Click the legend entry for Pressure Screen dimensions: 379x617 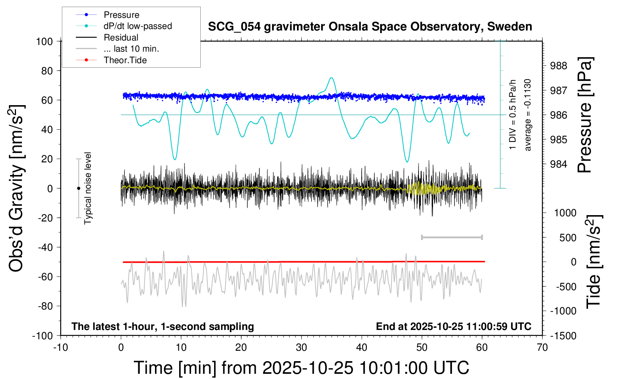click(121, 15)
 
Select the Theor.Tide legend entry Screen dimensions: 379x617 click(125, 60)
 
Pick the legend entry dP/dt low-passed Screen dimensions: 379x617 click(138, 26)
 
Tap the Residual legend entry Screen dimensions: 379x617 click(121, 38)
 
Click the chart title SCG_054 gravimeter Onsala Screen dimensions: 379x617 click(370, 27)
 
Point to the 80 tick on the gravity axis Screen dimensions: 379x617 click(47, 71)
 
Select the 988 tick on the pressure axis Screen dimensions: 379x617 click(559, 66)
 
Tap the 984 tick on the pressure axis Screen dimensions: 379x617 click(559, 164)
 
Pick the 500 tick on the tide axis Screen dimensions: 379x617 click(568, 237)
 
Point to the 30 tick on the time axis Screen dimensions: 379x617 click(301, 347)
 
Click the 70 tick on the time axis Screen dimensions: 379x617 click(542, 347)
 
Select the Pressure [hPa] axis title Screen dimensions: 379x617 click(585, 115)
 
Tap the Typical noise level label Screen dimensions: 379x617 click(88, 188)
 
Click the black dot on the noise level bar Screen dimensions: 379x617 click(78, 188)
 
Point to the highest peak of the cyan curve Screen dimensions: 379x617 click(331, 78)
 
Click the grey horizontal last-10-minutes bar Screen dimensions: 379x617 click(452, 237)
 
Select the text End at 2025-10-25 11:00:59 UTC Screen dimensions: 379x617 click(453, 326)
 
